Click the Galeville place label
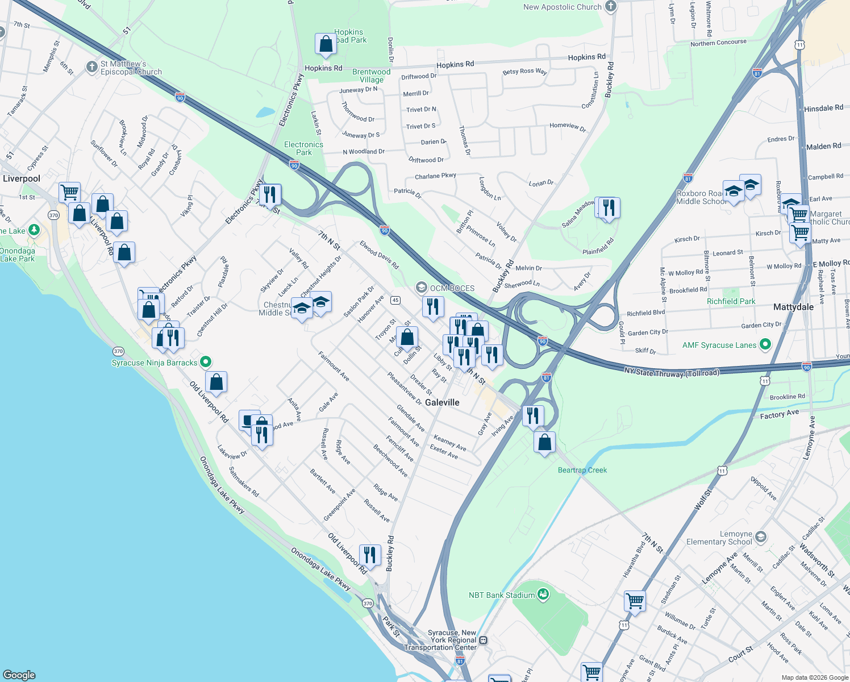442,402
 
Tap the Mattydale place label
793,307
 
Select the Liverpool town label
22,178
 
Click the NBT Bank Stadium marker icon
543,594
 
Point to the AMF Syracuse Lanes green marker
765,344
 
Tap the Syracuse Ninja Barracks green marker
206,361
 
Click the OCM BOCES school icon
422,288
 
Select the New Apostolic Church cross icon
611,6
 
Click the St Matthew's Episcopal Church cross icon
92,67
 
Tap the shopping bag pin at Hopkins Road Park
326,44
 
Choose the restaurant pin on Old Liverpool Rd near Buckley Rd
370,555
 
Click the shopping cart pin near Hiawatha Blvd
635,600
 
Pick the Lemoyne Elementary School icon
761,537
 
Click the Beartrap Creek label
582,470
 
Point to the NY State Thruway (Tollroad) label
672,372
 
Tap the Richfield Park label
731,301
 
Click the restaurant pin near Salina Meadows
608,207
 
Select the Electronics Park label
303,148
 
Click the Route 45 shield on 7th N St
395,300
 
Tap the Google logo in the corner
19,675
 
